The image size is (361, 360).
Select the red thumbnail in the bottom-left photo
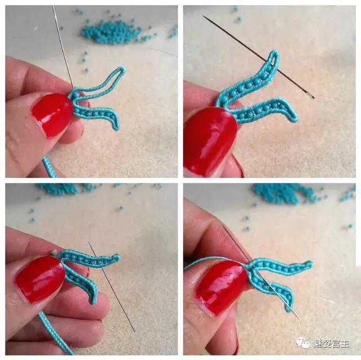(x=39, y=279)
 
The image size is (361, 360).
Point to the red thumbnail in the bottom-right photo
(x=222, y=286)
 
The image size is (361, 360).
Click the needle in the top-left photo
(x=63, y=47)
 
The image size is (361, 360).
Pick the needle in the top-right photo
(x=258, y=56)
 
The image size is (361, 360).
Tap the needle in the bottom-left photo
(x=112, y=287)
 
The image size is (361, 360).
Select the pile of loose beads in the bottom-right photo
(x=284, y=194)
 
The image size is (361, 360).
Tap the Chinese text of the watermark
(x=331, y=344)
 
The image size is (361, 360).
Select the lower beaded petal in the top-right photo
(x=265, y=108)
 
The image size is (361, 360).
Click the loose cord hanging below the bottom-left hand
(x=55, y=333)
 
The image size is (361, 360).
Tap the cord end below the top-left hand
(x=49, y=167)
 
